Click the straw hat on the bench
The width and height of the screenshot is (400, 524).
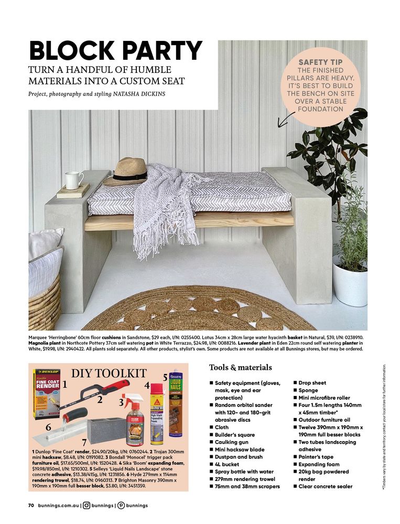pos(126,171)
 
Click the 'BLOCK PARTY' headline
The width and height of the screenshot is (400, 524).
pos(115,50)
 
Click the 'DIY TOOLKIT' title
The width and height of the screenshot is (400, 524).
pos(109,373)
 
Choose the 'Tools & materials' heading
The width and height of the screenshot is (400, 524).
pos(240,367)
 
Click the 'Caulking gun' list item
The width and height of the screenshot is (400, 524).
pos(234,442)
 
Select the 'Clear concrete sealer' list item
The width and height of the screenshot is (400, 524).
pos(326,486)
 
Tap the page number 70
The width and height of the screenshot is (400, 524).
pos(31,506)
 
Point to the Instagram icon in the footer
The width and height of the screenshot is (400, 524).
pos(87,506)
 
